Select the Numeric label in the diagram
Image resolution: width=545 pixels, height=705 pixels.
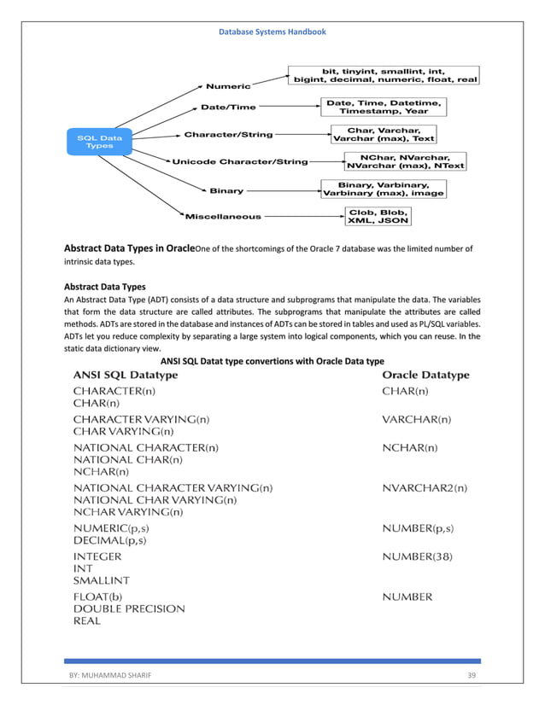pos(228,86)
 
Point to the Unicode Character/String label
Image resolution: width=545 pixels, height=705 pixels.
pos(240,161)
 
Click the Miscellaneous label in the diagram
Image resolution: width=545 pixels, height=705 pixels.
pos(224,216)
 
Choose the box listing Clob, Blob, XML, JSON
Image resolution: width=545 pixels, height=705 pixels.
pos(378,216)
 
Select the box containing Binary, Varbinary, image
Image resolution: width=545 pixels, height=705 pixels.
pos(383,189)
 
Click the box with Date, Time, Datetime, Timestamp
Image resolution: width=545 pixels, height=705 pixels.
pos(384,107)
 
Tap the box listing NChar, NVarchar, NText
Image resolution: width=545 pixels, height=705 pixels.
pos(405,161)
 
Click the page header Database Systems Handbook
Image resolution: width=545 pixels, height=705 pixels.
pos(272,32)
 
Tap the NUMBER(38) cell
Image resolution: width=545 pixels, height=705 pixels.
pos(417,556)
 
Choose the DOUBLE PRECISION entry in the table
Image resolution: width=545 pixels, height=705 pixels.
pos(129,609)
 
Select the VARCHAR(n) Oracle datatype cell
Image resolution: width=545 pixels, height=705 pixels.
pos(417,419)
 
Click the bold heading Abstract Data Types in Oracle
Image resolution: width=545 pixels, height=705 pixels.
pos(130,248)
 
